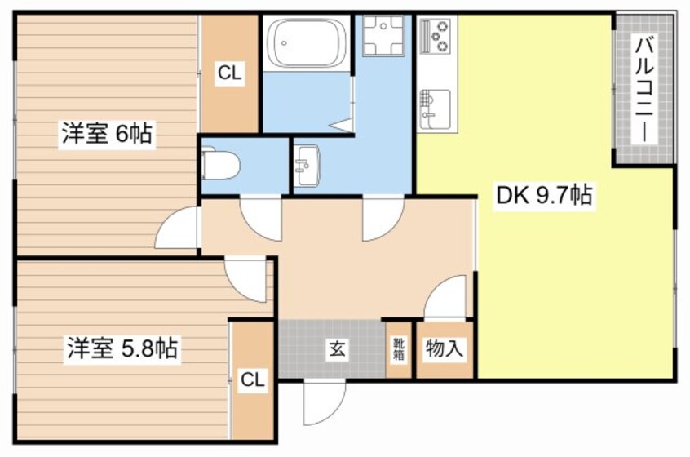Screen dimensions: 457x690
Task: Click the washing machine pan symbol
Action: pyautogui.click(x=383, y=36)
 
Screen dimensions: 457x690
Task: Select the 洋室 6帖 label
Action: pyautogui.click(x=105, y=134)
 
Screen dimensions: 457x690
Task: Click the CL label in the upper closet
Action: pyautogui.click(x=229, y=74)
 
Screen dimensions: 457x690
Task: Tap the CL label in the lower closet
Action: pyautogui.click(x=252, y=379)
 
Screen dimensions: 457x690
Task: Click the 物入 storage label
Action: pyautogui.click(x=445, y=350)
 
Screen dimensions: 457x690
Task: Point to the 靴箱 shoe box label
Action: pyautogui.click(x=399, y=349)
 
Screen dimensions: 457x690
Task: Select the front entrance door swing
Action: pyautogui.click(x=322, y=403)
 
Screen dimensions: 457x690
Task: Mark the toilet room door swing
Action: pyautogui.click(x=263, y=216)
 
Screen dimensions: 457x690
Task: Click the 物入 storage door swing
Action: pyautogui.click(x=447, y=298)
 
